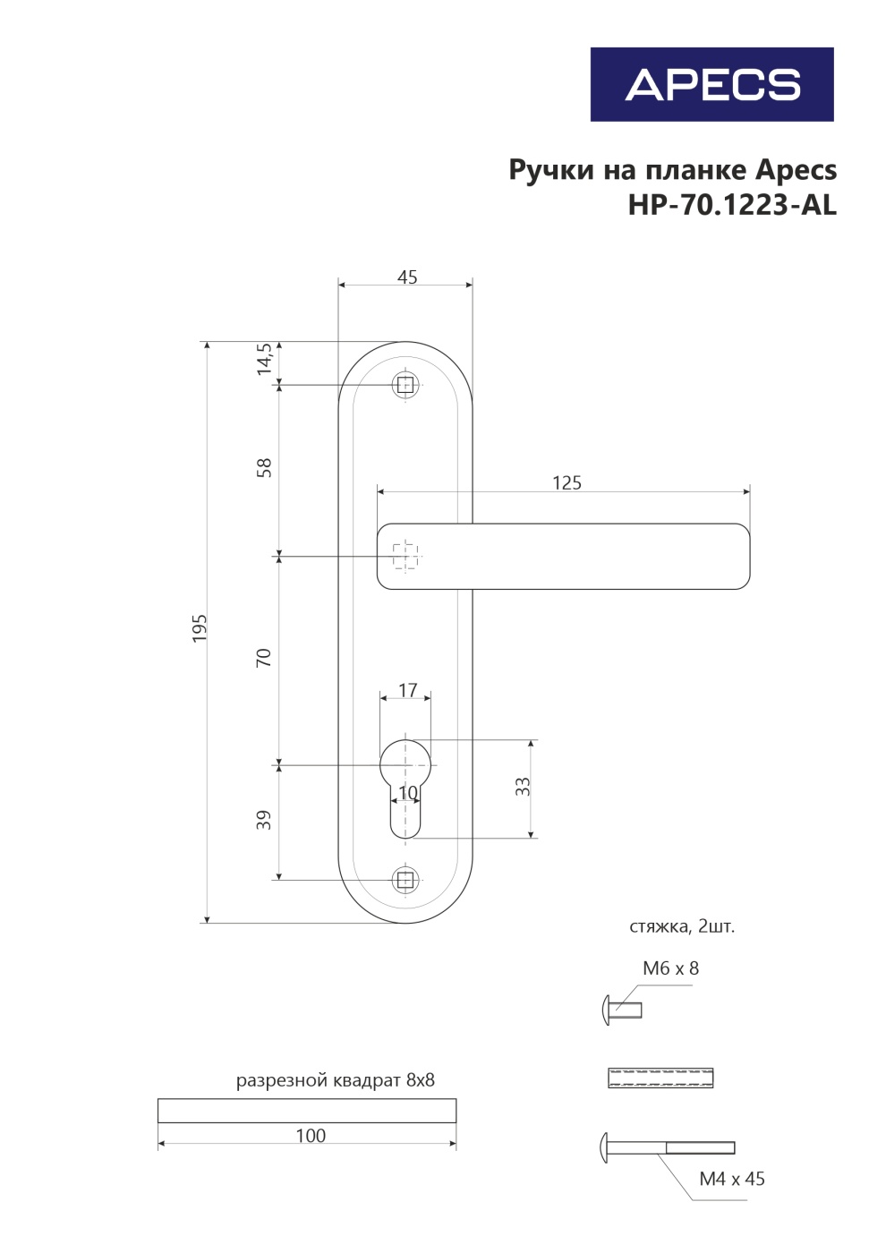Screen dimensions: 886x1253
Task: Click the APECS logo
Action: [x=711, y=84]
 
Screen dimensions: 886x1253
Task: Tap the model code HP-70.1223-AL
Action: [x=732, y=205]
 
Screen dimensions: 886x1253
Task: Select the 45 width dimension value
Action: [x=407, y=277]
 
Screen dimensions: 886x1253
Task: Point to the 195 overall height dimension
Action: [x=200, y=627]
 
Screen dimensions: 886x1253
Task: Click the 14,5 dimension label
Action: [x=265, y=359]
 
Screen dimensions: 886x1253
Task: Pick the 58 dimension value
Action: [x=265, y=467]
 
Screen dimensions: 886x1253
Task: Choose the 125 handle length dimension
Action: [x=567, y=482]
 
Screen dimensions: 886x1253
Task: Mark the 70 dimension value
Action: [x=264, y=657]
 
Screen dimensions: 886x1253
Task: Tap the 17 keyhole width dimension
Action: [x=408, y=690]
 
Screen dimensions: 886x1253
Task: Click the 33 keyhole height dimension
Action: [x=523, y=787]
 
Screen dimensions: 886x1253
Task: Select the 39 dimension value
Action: [x=264, y=820]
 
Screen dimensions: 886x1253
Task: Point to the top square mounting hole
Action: [x=405, y=385]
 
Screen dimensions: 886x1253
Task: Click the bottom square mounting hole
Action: [x=405, y=880]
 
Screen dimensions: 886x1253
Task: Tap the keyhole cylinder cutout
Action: [x=405, y=788]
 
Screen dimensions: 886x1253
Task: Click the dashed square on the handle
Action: [x=405, y=556]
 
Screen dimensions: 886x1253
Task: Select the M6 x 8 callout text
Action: [x=670, y=968]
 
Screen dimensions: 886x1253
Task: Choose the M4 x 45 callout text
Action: [x=732, y=1180]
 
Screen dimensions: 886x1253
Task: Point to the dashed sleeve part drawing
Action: [x=660, y=1078]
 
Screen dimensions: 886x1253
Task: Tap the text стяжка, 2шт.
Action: [x=682, y=927]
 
